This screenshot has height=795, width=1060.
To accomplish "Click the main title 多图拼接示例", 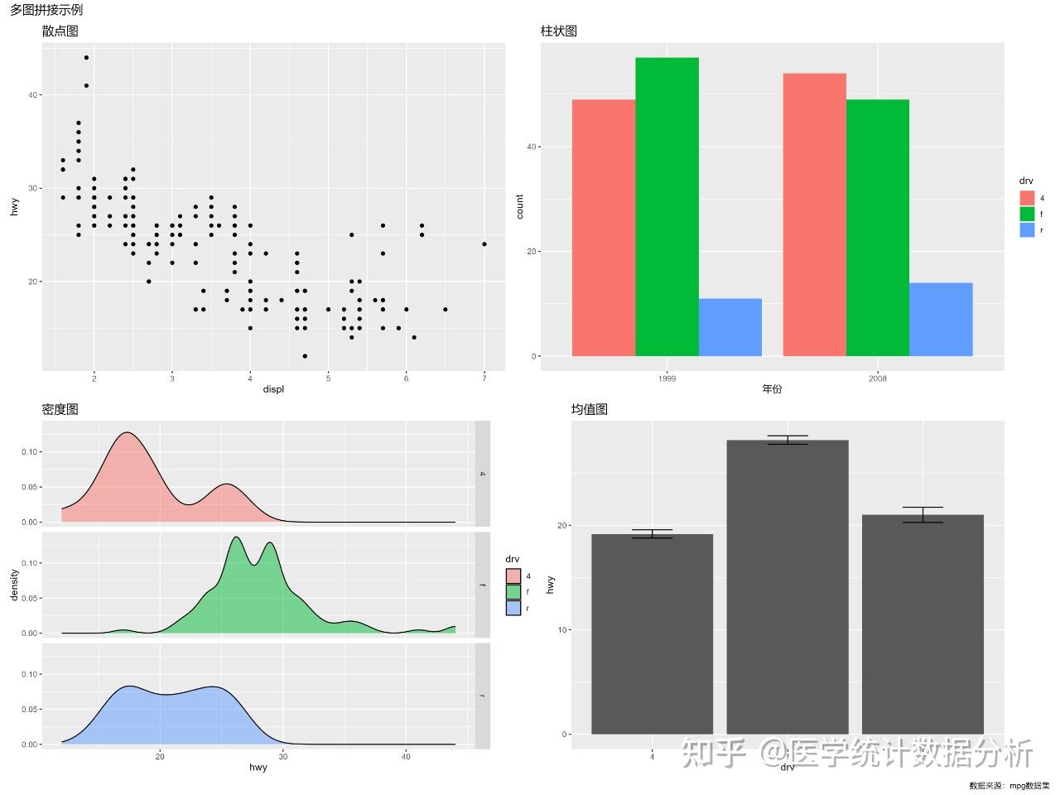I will tap(46, 11).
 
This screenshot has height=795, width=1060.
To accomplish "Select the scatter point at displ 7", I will tap(484, 244).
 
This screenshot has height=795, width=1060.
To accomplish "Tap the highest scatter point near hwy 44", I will tap(86, 58).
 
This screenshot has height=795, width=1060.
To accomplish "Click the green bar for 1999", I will tap(667, 207).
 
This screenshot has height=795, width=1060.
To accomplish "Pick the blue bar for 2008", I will tap(941, 320).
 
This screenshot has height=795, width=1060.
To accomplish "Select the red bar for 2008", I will tap(814, 215).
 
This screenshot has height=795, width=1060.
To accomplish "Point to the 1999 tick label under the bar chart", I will tap(667, 378).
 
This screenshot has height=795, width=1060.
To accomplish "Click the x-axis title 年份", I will tap(772, 389).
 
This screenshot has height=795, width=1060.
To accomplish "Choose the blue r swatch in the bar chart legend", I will tap(1027, 230).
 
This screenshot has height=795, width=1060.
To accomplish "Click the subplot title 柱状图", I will tap(558, 31).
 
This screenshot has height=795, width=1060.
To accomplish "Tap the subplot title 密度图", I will tap(60, 410).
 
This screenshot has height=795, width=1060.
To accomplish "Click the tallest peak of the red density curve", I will tap(127, 433).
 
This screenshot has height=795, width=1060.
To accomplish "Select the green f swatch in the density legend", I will tap(513, 592).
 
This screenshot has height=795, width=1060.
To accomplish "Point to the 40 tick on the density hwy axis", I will tap(406, 756).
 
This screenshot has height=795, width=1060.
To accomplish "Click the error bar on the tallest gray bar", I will tap(788, 440).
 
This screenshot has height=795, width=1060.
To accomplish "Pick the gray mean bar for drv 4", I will tap(652, 634).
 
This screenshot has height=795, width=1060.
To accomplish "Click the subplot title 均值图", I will tap(590, 410).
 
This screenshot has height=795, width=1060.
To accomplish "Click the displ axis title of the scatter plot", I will tap(273, 389).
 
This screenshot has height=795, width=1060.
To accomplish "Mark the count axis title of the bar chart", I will tap(520, 206).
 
